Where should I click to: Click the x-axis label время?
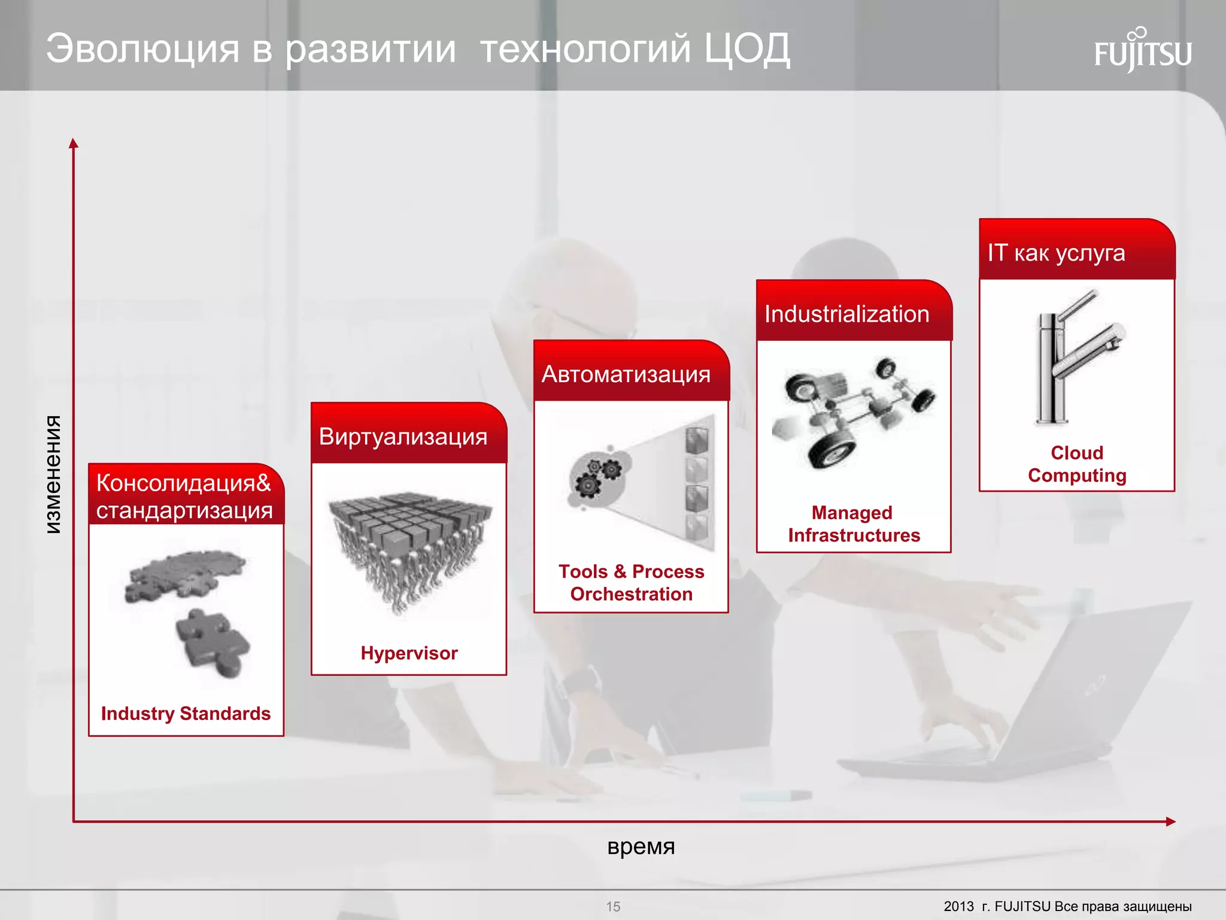click(x=641, y=846)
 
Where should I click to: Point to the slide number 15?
click(x=613, y=906)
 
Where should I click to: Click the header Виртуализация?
click(x=403, y=437)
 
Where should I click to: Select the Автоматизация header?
click(x=626, y=374)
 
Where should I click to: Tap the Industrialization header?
click(x=846, y=314)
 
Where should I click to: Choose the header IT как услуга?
click(x=1056, y=253)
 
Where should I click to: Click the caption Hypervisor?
click(x=409, y=653)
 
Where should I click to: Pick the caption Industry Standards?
click(x=186, y=713)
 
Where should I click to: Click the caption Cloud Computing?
click(x=1077, y=464)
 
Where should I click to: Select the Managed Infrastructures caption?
click(x=854, y=524)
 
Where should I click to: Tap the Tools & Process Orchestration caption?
click(x=631, y=583)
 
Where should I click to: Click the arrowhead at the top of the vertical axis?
click(x=74, y=143)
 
